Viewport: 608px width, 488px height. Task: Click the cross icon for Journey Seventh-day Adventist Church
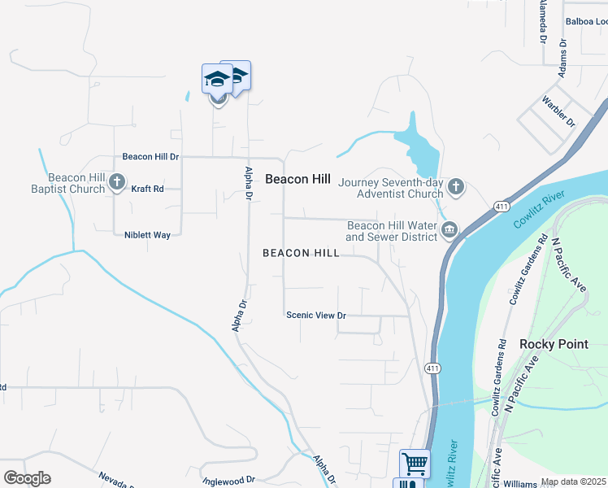point(456,187)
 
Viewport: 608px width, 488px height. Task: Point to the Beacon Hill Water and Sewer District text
point(391,231)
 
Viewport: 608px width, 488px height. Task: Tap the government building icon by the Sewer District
point(449,232)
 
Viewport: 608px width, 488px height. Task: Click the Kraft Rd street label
point(147,189)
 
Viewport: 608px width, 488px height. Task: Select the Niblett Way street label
point(147,235)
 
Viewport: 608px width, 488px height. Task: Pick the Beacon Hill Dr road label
point(150,156)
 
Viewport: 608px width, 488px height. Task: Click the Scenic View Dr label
point(315,316)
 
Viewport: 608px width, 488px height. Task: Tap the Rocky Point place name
point(554,344)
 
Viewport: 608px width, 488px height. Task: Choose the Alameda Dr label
point(542,20)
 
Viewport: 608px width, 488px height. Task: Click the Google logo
point(27,478)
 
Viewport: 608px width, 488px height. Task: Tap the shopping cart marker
point(415,464)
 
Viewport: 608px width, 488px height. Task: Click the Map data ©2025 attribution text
point(574,482)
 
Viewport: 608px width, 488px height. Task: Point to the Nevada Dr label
point(116,479)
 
